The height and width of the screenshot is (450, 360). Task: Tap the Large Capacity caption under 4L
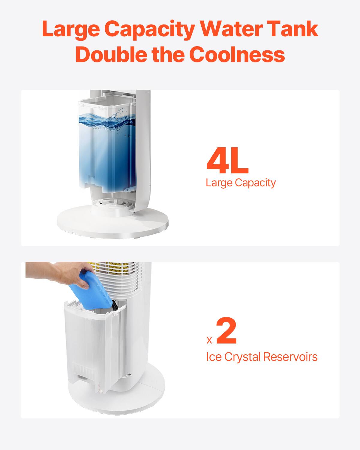[241, 182]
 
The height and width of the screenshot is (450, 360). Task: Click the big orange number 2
[226, 332]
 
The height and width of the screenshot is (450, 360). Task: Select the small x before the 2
[209, 340]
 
